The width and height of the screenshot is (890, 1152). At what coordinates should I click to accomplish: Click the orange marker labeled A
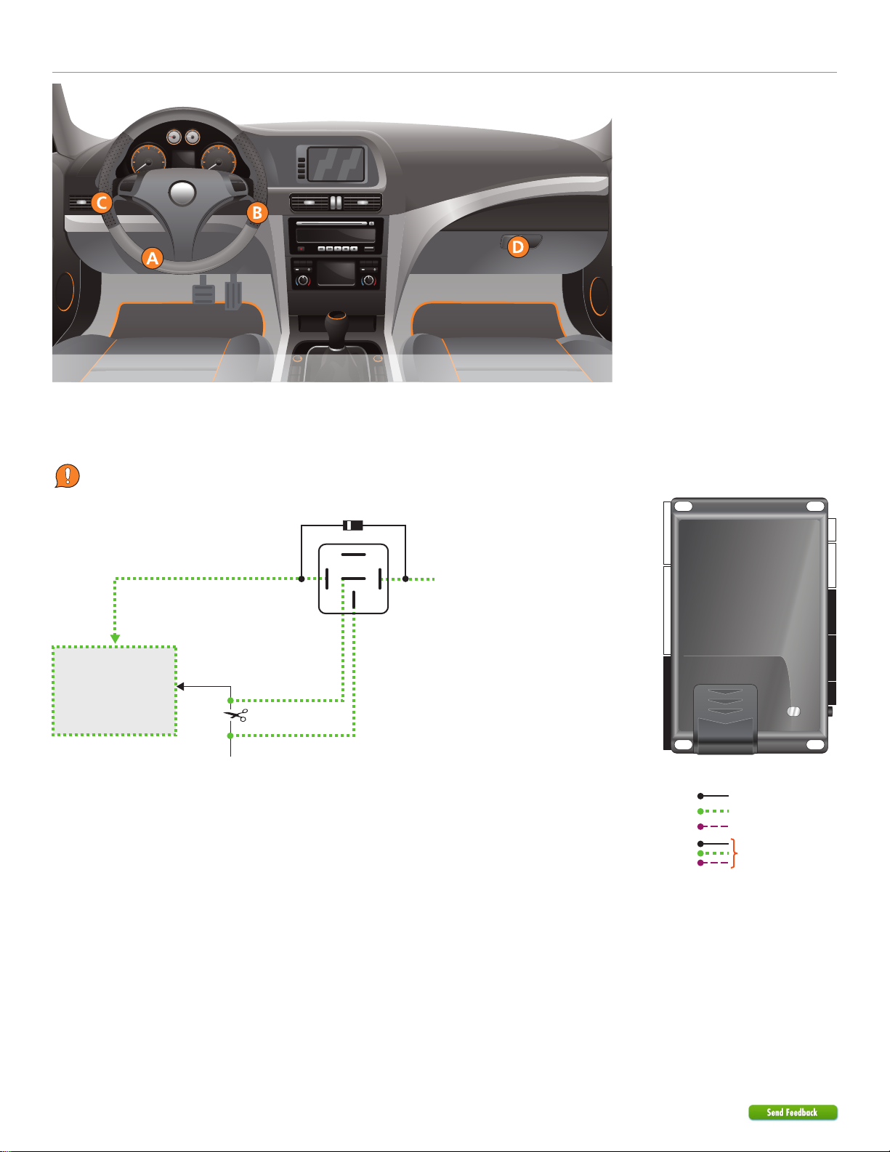[x=152, y=258]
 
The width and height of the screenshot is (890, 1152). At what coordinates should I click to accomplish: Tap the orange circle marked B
[x=257, y=213]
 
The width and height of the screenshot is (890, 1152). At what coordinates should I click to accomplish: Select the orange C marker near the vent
[x=102, y=203]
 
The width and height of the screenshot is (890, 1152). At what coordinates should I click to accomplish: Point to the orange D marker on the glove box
[x=517, y=247]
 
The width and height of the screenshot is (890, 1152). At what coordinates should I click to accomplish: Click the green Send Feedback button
[x=793, y=1112]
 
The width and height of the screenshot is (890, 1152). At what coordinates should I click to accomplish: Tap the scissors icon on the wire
[x=235, y=716]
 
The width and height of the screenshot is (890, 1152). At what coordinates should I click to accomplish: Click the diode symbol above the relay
[x=352, y=524]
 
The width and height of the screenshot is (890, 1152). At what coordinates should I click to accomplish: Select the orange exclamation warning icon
[x=67, y=476]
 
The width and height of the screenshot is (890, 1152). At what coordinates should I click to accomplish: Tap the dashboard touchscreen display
[x=335, y=164]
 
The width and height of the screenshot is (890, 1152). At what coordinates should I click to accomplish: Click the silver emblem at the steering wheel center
[x=183, y=194]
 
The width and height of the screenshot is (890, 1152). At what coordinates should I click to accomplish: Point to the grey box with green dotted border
[x=114, y=690]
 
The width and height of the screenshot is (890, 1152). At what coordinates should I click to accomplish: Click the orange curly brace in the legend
[x=736, y=853]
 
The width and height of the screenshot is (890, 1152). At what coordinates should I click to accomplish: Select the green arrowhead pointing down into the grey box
[x=115, y=637]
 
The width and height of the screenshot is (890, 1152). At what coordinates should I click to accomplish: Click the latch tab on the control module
[x=725, y=717]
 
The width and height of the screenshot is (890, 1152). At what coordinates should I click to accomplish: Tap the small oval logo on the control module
[x=793, y=712]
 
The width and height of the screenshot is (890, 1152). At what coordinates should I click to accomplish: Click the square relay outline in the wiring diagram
[x=354, y=578]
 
